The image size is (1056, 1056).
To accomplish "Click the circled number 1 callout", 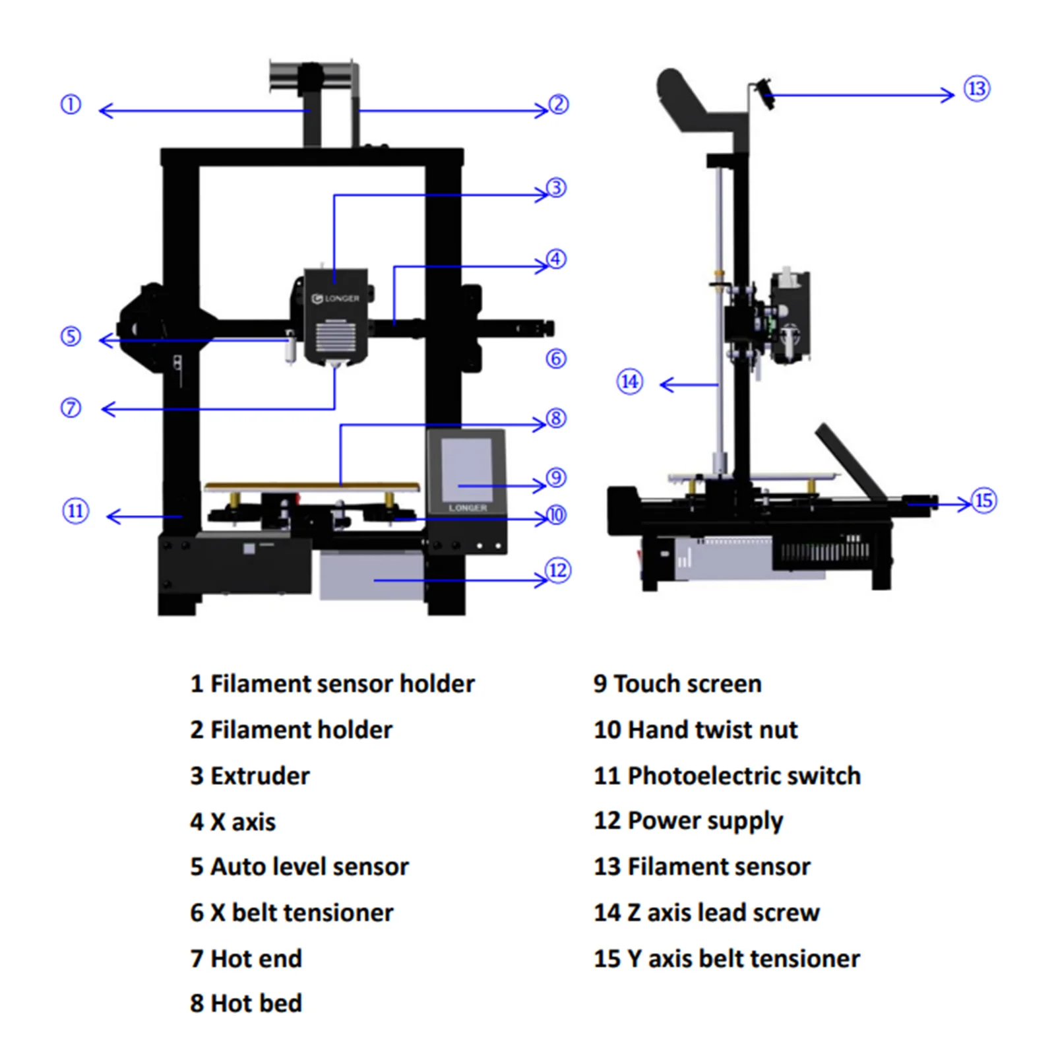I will point(71,104).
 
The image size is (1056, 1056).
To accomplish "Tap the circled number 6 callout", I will point(556,358).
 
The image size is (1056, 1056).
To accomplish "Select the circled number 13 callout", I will point(977,89).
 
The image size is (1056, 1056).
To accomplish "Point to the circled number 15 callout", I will point(983,501).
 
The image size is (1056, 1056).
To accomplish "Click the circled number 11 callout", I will point(75,511).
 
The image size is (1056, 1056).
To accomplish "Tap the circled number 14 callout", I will point(630,382).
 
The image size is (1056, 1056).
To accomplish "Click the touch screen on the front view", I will point(467,469).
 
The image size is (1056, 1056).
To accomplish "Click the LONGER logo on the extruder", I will point(336,299).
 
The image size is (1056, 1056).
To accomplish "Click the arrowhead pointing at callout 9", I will point(540,485).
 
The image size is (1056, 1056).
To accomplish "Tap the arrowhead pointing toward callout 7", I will point(108,410).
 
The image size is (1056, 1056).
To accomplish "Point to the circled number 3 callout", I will point(556,188).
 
